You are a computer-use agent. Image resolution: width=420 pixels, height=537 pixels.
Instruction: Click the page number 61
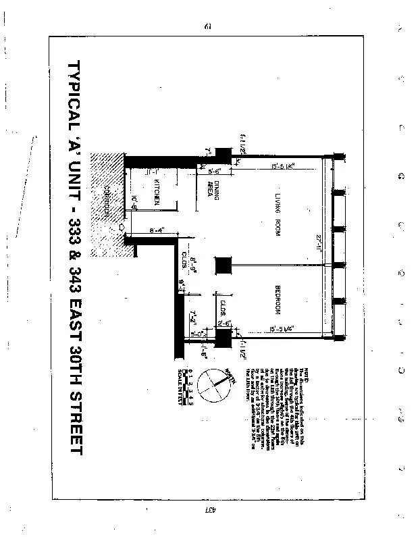pos(208,26)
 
